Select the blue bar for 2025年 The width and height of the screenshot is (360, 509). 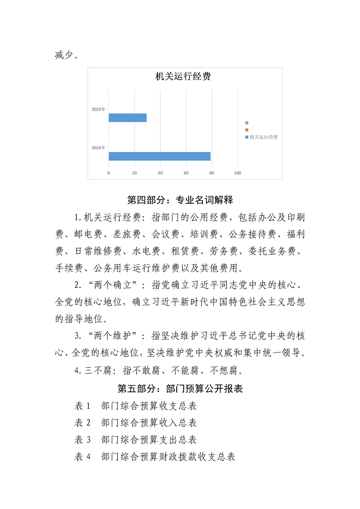[x=128, y=118]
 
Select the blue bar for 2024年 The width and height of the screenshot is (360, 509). [x=159, y=157]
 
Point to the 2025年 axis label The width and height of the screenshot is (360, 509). [x=98, y=109]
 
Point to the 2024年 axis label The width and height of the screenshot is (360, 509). [x=98, y=148]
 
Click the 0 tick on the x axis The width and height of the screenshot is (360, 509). [x=108, y=173]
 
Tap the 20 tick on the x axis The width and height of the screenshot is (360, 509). [x=134, y=173]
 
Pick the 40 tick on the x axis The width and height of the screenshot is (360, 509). [x=160, y=173]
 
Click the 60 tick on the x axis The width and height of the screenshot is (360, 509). [x=186, y=173]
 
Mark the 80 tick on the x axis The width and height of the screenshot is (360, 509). [x=212, y=173]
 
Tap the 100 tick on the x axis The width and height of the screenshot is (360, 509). [x=237, y=173]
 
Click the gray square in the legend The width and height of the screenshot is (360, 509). [x=247, y=122]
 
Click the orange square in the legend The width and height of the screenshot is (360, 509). [x=247, y=130]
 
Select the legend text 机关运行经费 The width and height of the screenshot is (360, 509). [x=264, y=137]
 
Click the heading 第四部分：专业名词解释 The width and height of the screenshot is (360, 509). [x=180, y=200]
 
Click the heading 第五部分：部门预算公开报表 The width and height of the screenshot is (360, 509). [x=180, y=389]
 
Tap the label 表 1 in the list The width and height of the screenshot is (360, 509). [x=83, y=406]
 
